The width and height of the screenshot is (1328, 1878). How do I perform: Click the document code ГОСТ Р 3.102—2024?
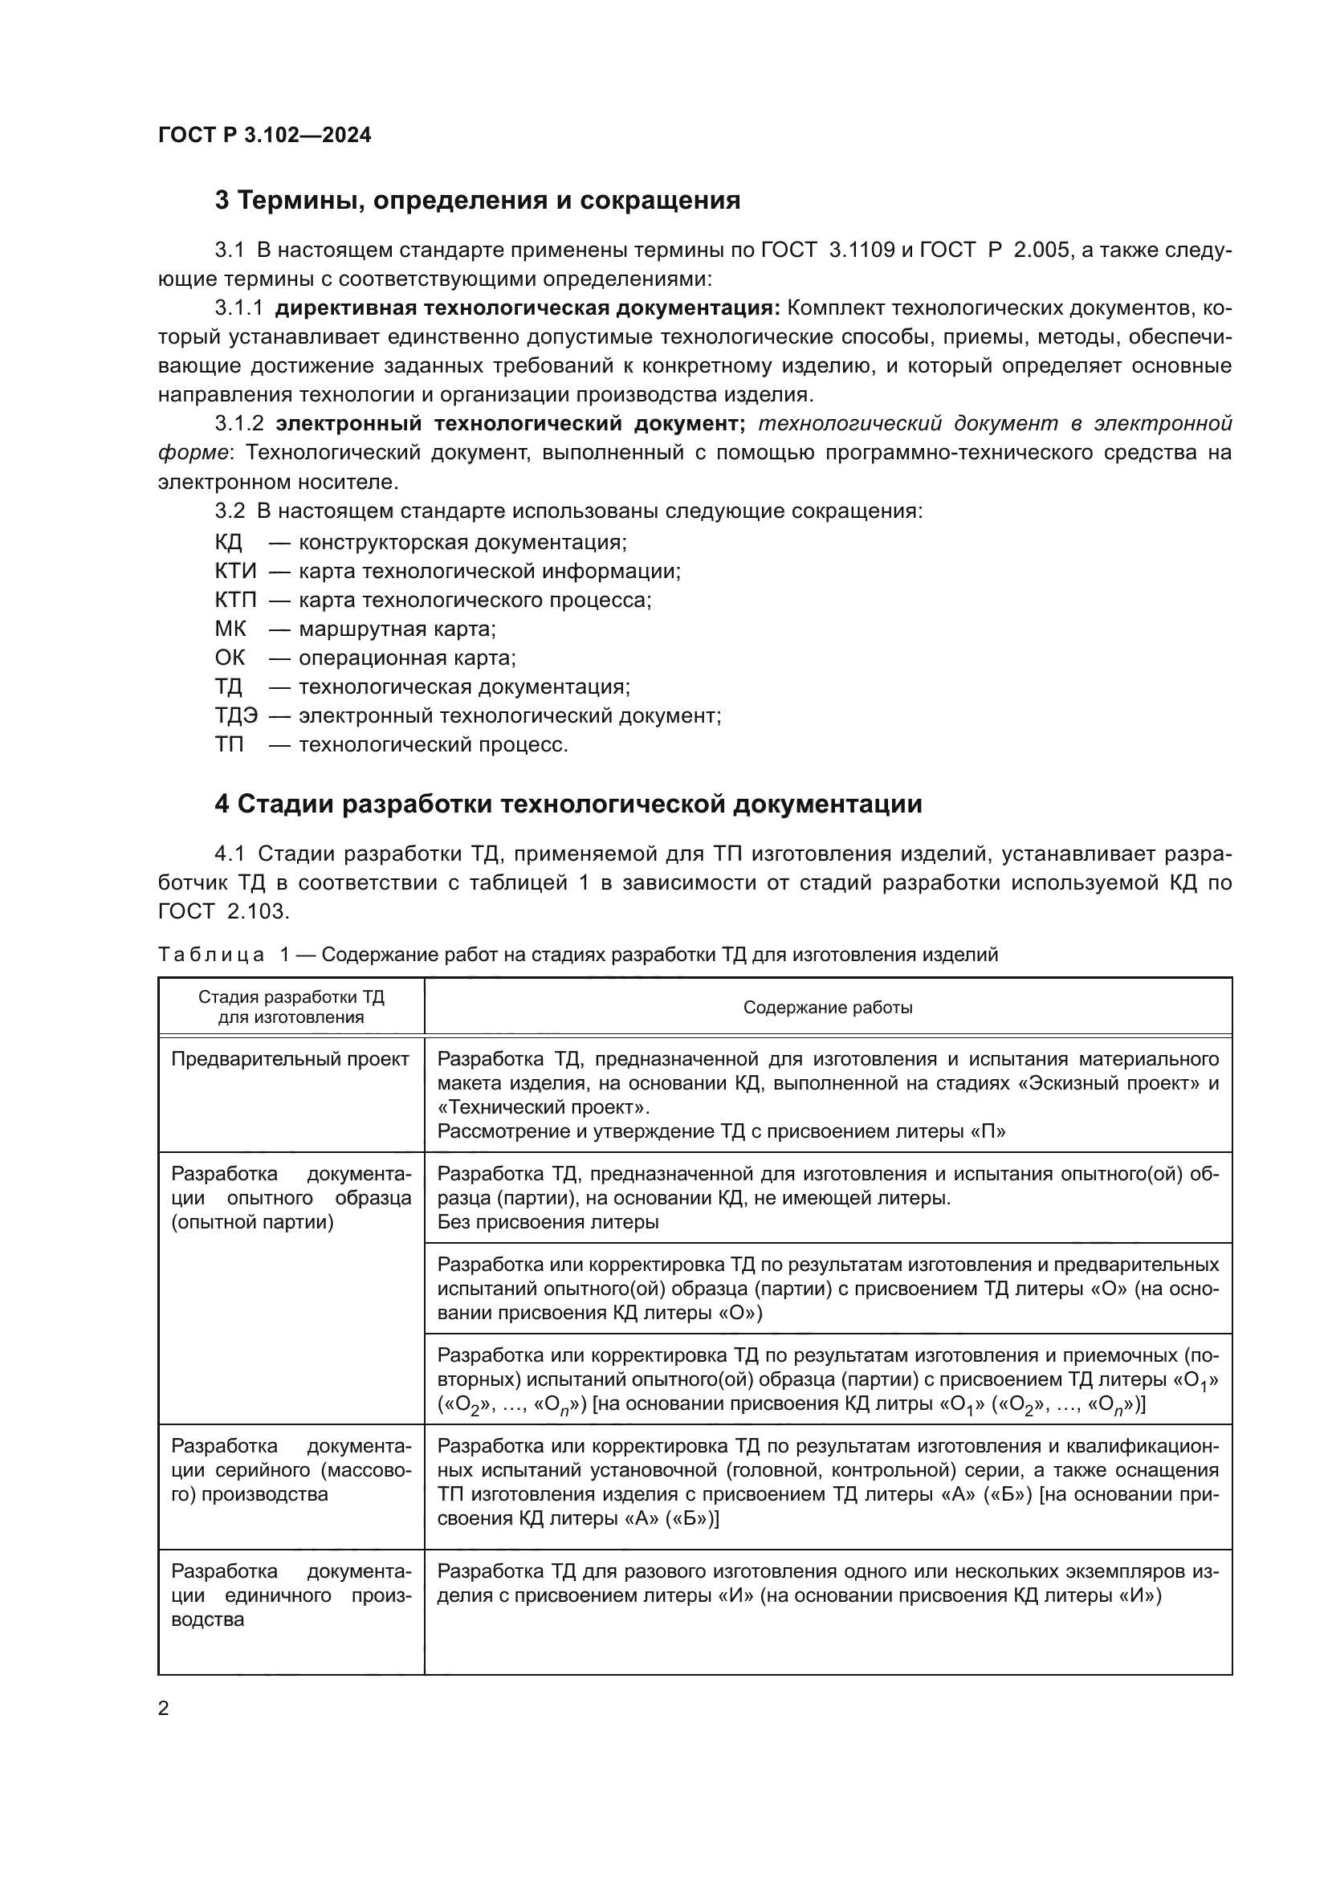[x=264, y=135]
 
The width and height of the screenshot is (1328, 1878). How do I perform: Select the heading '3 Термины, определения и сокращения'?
[x=477, y=201]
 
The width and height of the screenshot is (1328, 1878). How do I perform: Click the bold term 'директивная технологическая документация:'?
[x=528, y=308]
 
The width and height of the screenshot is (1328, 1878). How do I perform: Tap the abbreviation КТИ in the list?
[x=234, y=571]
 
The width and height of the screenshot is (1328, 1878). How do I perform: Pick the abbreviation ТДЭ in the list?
[x=235, y=715]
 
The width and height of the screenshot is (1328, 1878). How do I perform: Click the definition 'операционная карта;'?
[x=406, y=658]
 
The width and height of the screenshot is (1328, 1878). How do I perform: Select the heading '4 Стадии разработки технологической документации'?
[x=568, y=804]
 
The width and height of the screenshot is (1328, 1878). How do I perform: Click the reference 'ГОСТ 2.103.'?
[x=223, y=911]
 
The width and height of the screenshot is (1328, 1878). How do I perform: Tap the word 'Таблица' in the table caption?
[x=211, y=955]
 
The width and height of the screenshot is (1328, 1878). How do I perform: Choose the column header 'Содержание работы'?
[x=827, y=1008]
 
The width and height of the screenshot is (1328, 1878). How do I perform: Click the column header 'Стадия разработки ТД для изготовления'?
[x=291, y=1008]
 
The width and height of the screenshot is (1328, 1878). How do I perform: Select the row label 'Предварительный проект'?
[x=290, y=1060]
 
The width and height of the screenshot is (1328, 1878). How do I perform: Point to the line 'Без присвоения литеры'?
[x=547, y=1222]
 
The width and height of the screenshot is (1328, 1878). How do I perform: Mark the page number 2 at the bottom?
[x=164, y=1709]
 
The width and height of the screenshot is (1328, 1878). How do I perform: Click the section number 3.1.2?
[x=238, y=424]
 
